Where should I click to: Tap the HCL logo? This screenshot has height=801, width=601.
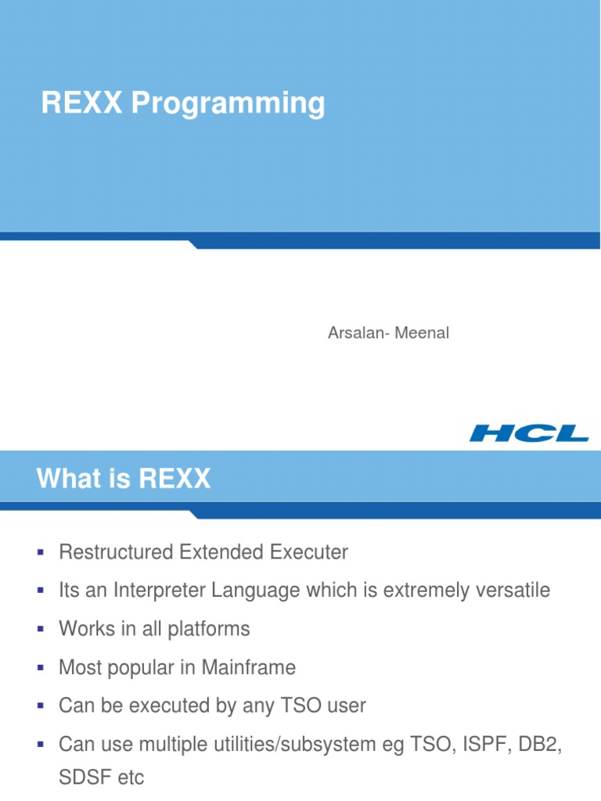[x=529, y=433]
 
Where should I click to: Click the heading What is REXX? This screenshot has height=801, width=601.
[x=123, y=479]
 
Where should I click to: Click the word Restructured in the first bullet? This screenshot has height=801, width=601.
[x=116, y=552]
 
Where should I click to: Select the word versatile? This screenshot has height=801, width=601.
[x=512, y=591]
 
